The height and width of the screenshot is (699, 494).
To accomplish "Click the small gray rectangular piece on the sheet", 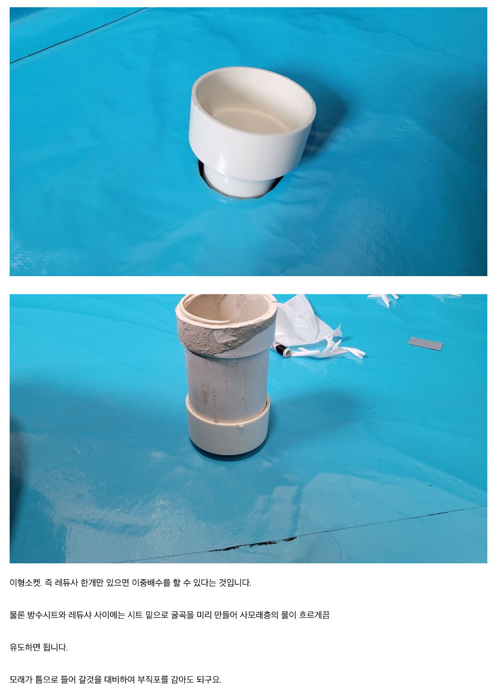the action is (x=425, y=343).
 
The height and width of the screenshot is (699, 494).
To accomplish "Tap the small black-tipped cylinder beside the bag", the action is (x=282, y=349).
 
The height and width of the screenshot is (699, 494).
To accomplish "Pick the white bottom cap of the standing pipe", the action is (x=228, y=427).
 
